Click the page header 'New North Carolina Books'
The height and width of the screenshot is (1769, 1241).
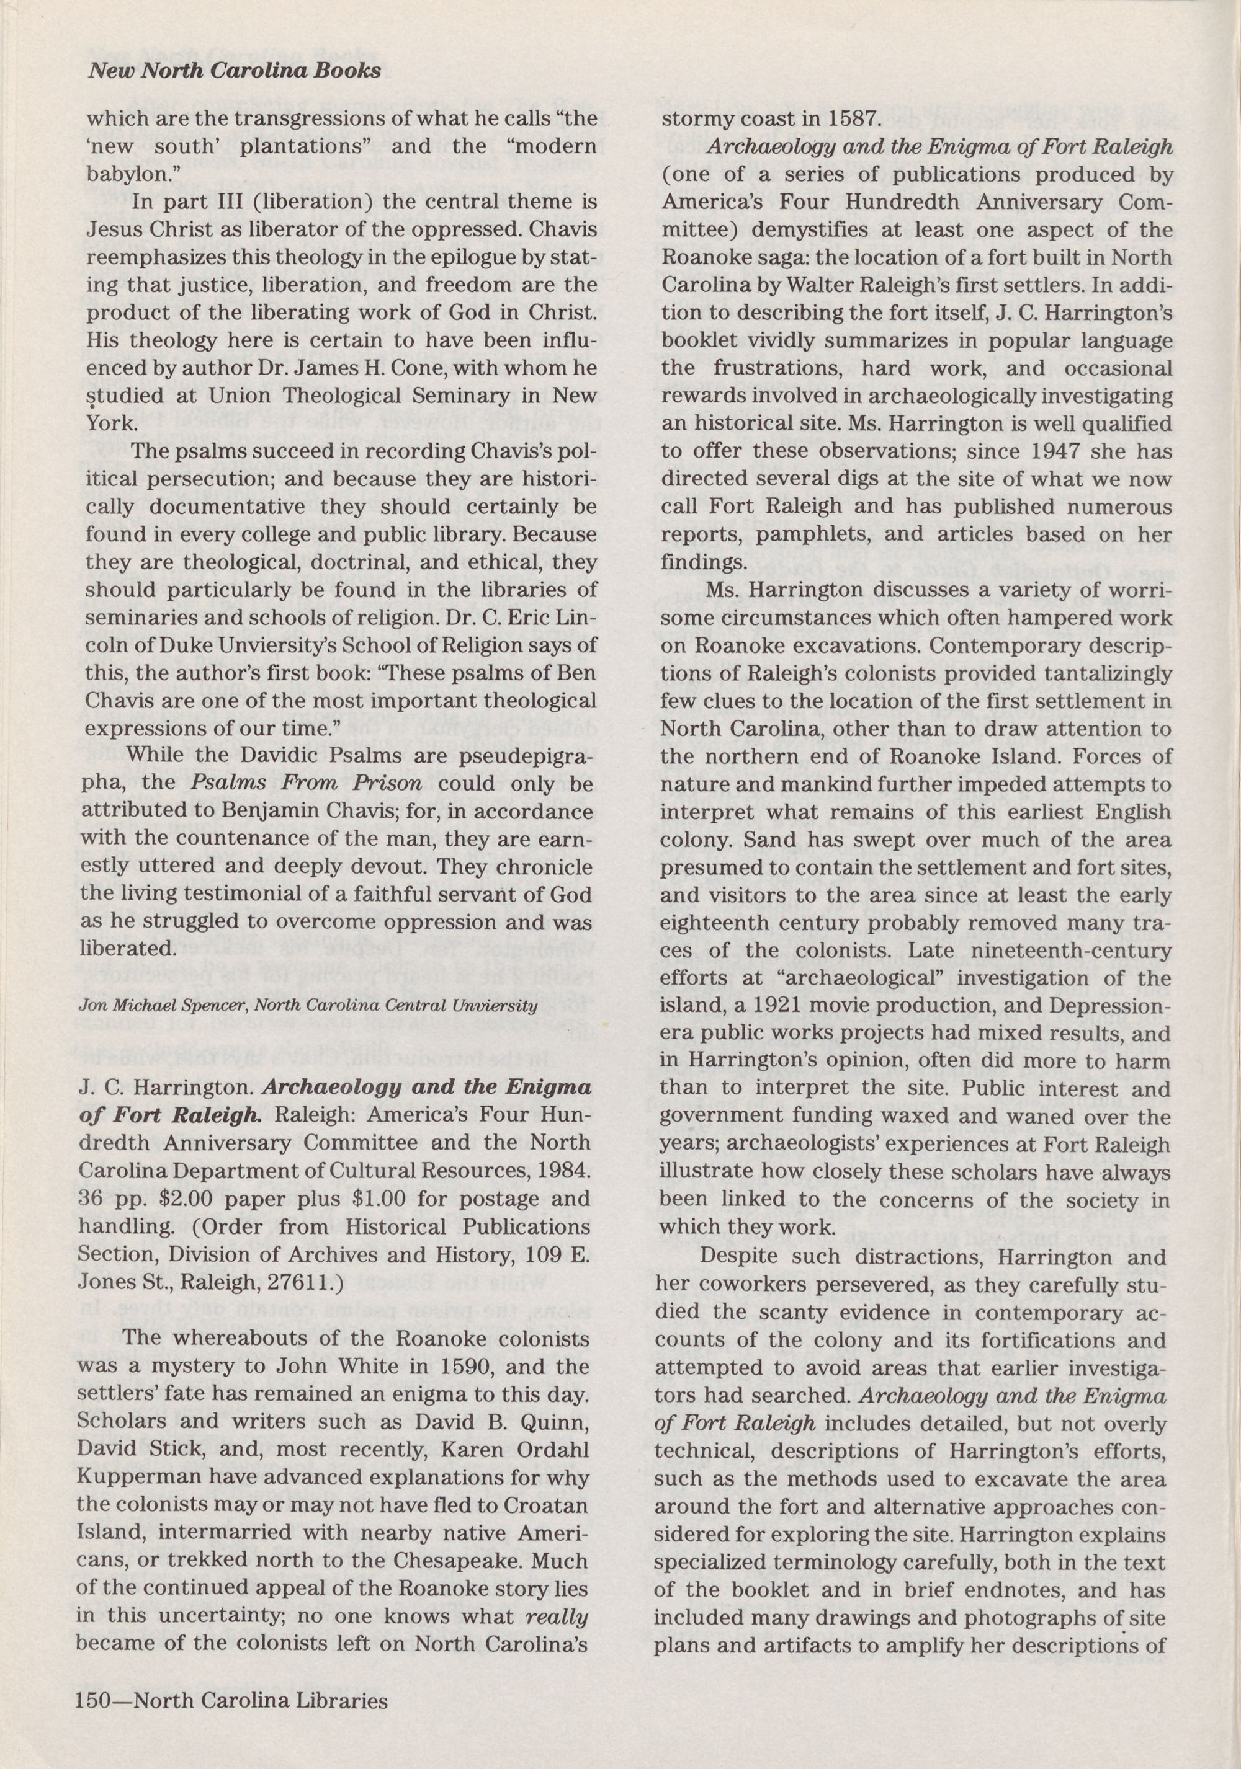pyautogui.click(x=235, y=71)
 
